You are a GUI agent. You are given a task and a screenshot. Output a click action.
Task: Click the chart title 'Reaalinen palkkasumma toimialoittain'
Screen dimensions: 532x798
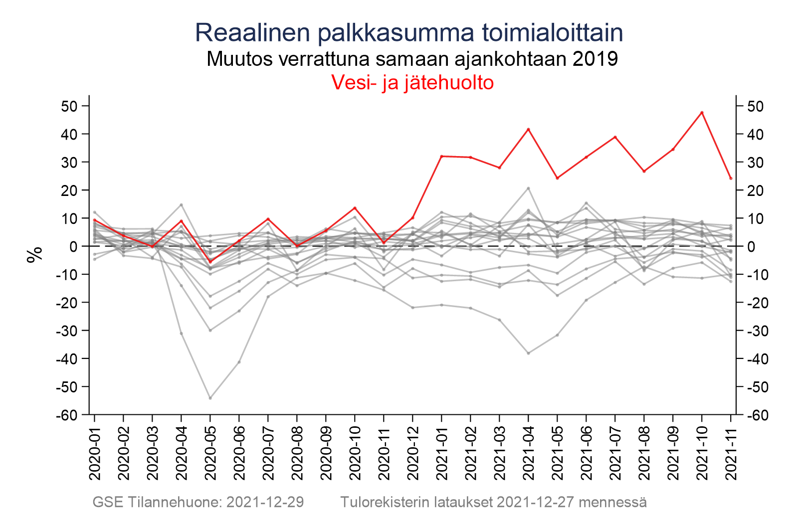pos(409,33)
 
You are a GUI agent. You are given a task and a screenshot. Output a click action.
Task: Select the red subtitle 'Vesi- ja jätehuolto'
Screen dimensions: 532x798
pos(413,82)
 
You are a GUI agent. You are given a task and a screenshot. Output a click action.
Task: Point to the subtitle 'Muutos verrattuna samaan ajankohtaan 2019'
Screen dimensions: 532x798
pos(412,59)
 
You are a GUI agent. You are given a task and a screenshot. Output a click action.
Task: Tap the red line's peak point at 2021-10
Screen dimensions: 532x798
pos(702,112)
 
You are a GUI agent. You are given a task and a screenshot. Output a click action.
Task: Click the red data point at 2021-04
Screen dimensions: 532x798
pos(528,129)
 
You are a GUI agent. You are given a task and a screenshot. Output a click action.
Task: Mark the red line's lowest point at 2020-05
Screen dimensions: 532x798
pos(210,262)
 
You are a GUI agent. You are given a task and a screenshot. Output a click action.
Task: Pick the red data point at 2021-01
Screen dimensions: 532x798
pos(442,156)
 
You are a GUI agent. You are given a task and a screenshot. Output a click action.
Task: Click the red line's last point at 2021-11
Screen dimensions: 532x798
pos(731,178)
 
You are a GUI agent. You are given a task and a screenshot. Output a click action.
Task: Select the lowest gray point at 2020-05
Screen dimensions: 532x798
pos(210,398)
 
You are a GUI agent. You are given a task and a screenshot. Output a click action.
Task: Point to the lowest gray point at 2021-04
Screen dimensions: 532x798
pos(528,353)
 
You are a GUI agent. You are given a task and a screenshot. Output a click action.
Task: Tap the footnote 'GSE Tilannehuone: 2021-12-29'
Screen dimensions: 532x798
pos(198,502)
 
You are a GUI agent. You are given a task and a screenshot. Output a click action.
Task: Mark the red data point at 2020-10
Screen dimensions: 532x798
pos(355,208)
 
